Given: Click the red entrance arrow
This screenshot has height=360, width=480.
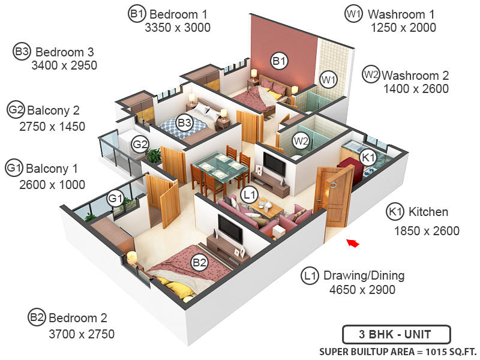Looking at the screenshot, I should click(x=353, y=243).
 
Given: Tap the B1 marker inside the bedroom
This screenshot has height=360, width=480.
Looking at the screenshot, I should click(x=279, y=60).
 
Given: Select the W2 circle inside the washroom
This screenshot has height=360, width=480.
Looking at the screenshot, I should click(x=301, y=141).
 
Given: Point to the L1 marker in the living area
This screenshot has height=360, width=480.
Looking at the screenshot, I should click(x=249, y=194).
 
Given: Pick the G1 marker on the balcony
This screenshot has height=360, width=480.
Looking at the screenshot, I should click(x=115, y=198).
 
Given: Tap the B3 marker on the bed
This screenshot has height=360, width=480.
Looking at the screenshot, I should click(x=184, y=123).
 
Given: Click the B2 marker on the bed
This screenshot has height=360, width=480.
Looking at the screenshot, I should click(x=199, y=262).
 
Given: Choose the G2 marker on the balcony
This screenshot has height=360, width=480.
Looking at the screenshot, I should click(x=140, y=144).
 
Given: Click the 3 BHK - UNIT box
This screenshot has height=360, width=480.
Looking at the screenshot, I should click(x=396, y=335).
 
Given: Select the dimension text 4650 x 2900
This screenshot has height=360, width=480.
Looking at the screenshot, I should click(x=362, y=290).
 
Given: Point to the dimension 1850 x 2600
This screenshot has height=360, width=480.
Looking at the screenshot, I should click(x=427, y=231).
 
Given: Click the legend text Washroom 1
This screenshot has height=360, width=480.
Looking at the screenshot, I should click(x=401, y=13).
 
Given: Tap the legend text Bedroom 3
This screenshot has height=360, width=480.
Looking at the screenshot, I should click(x=66, y=52).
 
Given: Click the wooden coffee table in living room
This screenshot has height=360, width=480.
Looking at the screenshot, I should click(x=265, y=206).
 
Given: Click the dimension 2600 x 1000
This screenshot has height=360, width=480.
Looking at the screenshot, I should click(x=52, y=185).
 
